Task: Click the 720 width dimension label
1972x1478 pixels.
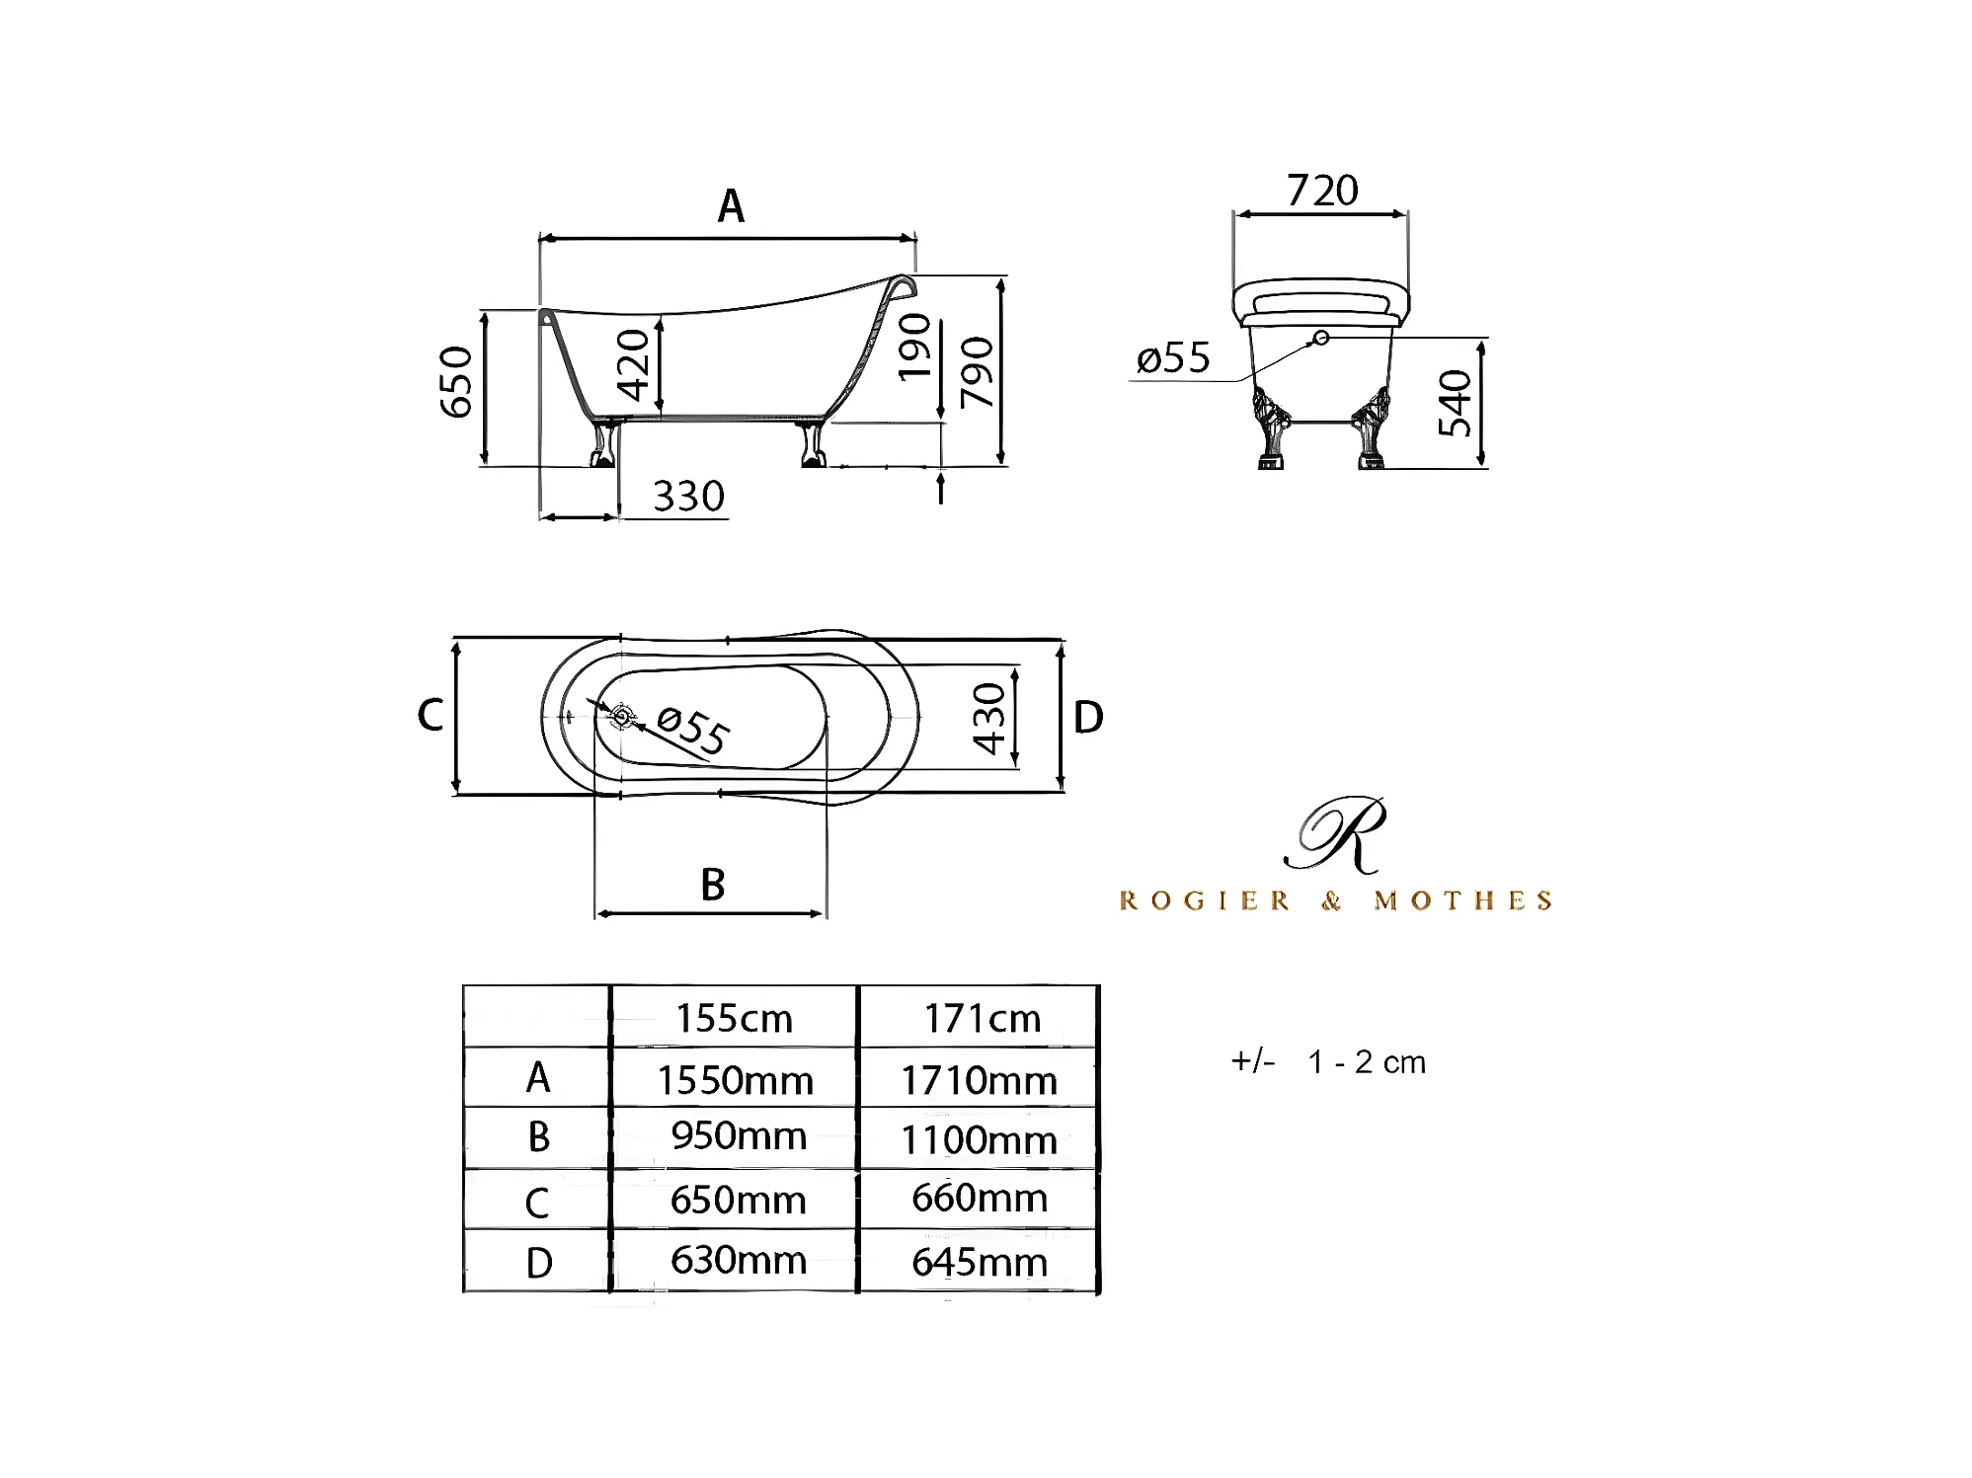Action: point(1322,190)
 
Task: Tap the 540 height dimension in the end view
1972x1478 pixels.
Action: point(1455,403)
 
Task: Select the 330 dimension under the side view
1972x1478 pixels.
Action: point(688,496)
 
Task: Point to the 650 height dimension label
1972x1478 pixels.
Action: point(455,382)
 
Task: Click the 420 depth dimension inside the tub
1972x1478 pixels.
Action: point(633,365)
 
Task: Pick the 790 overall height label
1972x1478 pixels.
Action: point(977,372)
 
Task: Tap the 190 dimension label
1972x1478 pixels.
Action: point(914,347)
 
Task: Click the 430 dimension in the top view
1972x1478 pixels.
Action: point(988,719)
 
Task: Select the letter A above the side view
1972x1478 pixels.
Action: point(731,206)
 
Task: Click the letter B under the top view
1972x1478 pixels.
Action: point(713,885)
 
